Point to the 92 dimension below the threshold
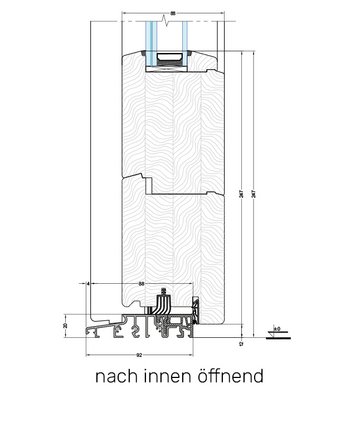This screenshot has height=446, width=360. tap(138, 353)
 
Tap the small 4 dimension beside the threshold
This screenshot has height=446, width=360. tap(89, 285)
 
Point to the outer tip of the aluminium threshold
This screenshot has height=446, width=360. tap(87, 333)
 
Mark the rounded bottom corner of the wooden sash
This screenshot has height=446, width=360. tap(238, 327)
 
